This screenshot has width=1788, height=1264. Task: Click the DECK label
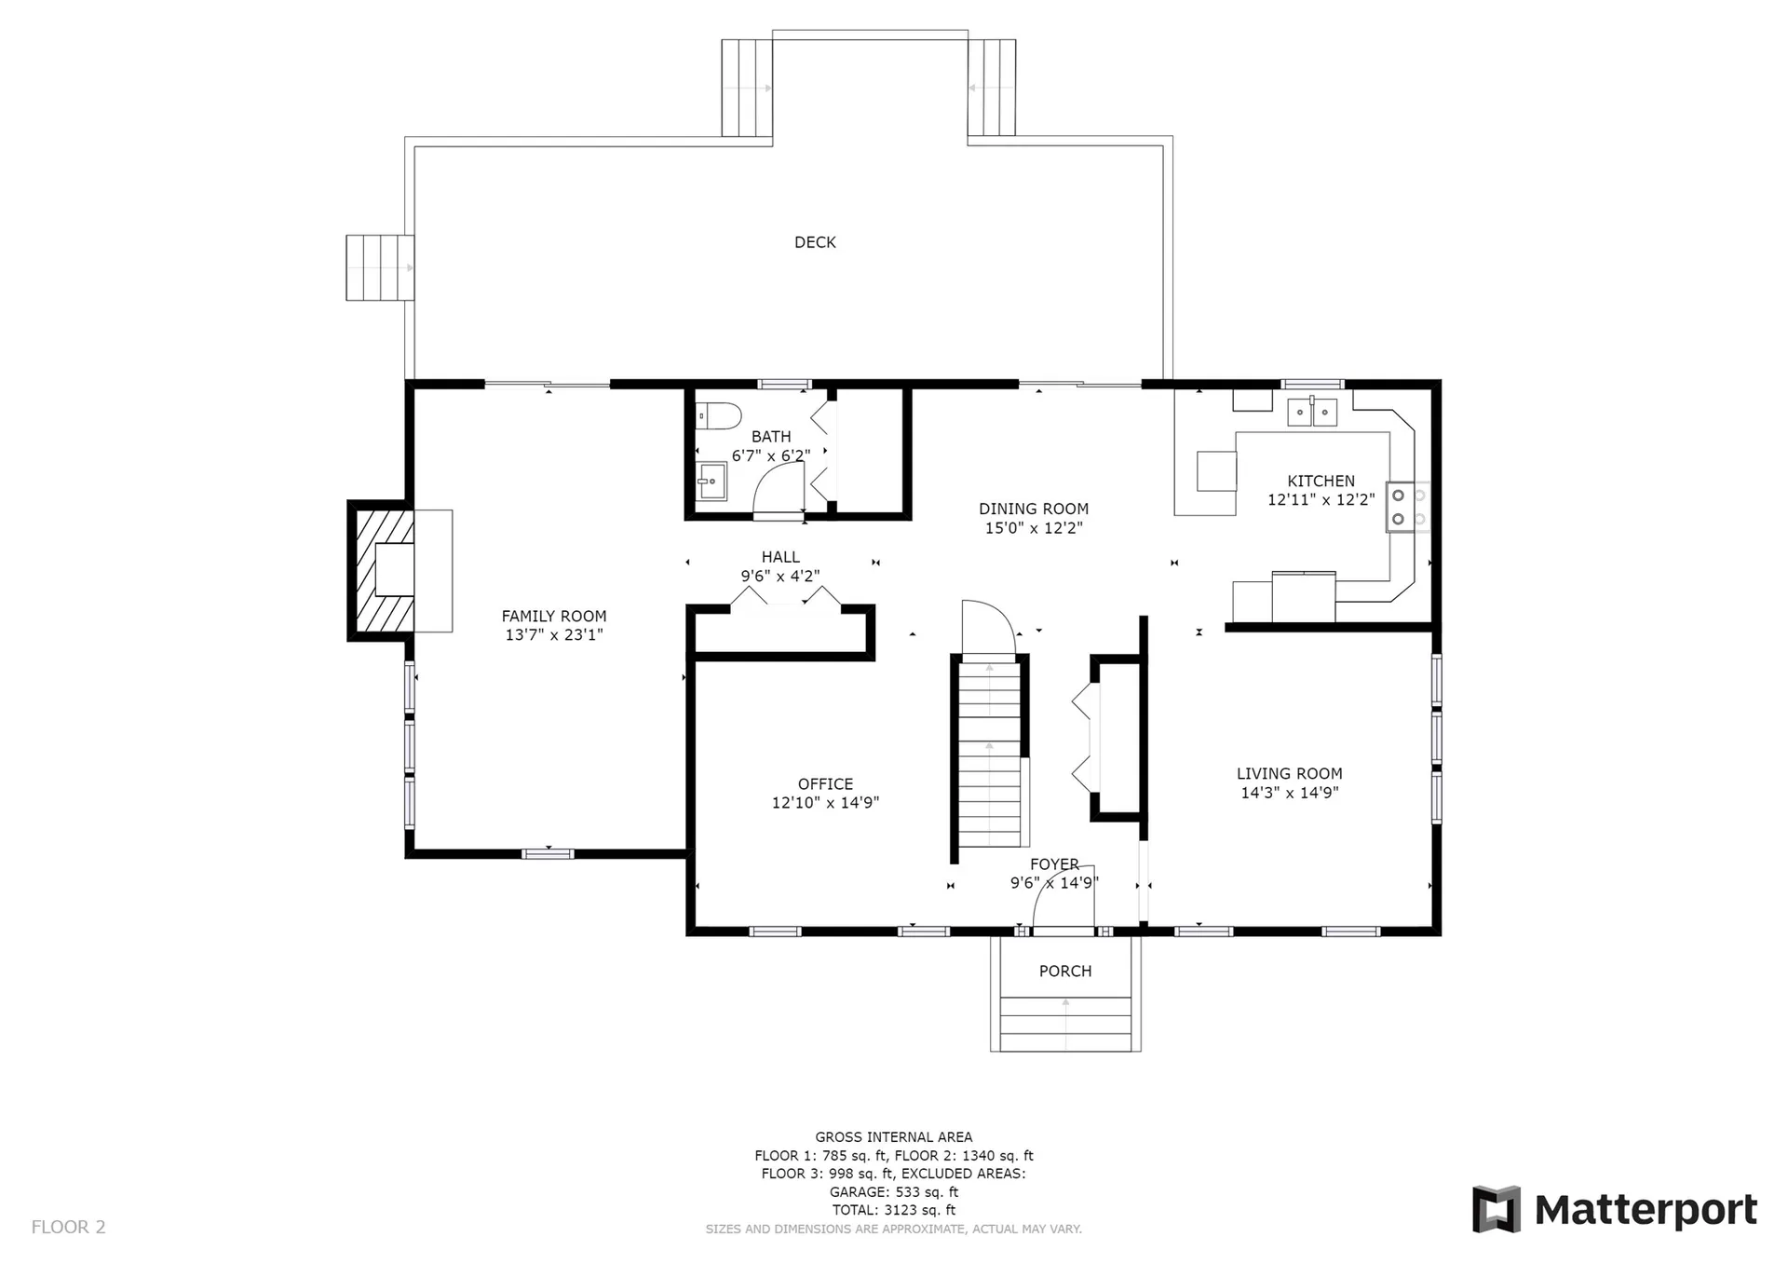pos(815,242)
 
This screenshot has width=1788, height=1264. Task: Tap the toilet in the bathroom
pos(718,415)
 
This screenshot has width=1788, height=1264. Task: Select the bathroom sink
pos(711,481)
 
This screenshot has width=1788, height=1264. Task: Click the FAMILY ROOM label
pos(554,616)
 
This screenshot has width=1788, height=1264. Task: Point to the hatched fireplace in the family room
pos(382,569)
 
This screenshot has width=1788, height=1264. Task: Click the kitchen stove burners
pos(1407,507)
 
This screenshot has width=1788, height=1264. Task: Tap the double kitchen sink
pos(1313,412)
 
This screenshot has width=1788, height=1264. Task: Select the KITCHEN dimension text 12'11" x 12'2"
pos(1321,500)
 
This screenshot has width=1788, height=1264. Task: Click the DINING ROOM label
pos(1034,509)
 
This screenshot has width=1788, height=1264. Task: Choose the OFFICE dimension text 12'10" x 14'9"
pos(825,803)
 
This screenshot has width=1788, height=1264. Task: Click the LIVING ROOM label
pos(1290,773)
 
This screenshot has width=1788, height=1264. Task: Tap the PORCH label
pos(1065,971)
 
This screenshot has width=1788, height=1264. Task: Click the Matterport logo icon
pos(1496,1209)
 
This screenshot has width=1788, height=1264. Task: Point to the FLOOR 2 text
pos(69,1227)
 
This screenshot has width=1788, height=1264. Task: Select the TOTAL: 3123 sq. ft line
pos(894,1210)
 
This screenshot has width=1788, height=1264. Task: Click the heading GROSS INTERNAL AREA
pos(894,1136)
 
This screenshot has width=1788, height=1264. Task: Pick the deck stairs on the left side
pos(379,267)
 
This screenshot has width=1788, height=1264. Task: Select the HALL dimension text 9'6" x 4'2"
pos(780,577)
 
